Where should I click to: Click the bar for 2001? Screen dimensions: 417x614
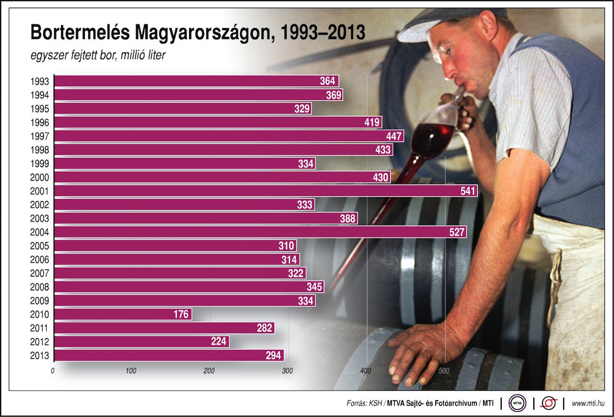(264, 191)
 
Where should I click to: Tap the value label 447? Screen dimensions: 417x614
(394, 137)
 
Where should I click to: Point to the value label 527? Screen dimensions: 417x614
(457, 232)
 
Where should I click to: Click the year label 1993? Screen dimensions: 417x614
(39, 81)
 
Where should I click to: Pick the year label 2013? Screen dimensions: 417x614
(39, 356)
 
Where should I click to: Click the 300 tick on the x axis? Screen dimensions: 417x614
(287, 371)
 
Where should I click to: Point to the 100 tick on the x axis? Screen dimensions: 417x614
(130, 371)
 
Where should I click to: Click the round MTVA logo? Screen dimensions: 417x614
(518, 403)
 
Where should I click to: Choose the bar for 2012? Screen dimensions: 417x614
(142, 342)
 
